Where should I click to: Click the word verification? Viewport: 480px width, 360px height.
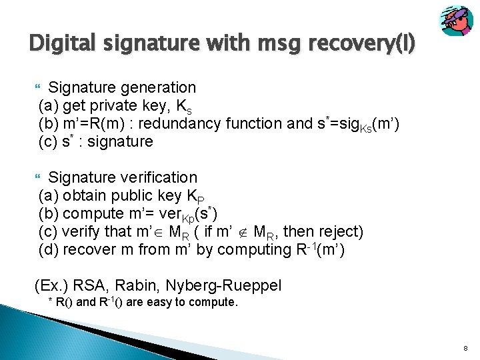pyautogui.click(x=160, y=177)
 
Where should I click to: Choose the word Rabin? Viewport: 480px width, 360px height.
pyautogui.click(x=139, y=286)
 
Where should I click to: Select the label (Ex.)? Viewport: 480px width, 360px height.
pyautogui.click(x=51, y=286)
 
